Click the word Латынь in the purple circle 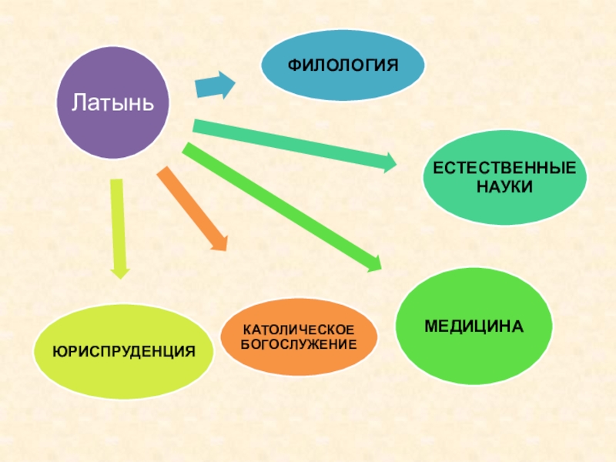pyautogui.click(x=114, y=102)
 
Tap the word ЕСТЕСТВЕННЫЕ pyautogui.click(x=504, y=168)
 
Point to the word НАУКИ pyautogui.click(x=504, y=186)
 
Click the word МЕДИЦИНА pyautogui.click(x=473, y=326)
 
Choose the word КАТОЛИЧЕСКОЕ pyautogui.click(x=299, y=329)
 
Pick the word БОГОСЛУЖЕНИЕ pyautogui.click(x=299, y=343)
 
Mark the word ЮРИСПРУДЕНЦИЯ pyautogui.click(x=123, y=351)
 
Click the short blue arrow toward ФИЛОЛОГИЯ pyautogui.click(x=213, y=86)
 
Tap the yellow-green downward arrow pyautogui.click(x=118, y=223)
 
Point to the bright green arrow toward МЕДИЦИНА pyautogui.click(x=277, y=204)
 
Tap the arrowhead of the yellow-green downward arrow pyautogui.click(x=119, y=269)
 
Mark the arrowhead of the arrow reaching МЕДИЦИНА pyautogui.click(x=373, y=262)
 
